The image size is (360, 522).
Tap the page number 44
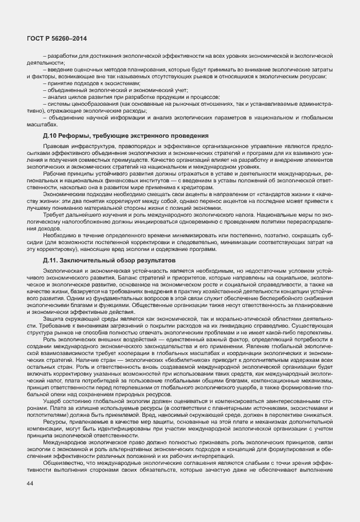coord(30,484)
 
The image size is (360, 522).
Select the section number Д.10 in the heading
coord(50,136)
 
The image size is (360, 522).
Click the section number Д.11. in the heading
coord(51,244)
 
